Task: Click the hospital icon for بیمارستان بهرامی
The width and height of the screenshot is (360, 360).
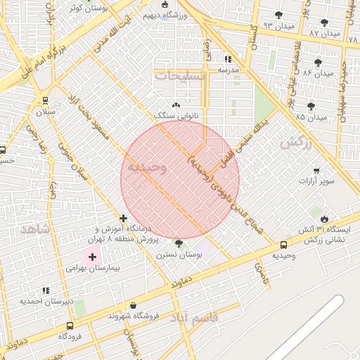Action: click(92, 257)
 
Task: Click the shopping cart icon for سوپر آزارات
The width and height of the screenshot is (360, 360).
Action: click(316, 169)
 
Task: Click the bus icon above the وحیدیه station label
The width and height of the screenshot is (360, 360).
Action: click(283, 245)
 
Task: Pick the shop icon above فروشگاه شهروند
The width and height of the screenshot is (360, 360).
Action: click(133, 306)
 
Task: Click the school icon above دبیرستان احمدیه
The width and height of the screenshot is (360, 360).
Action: click(46, 290)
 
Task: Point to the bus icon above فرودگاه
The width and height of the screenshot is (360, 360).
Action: click(70, 326)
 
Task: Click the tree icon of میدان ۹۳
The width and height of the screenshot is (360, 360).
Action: click(279, 14)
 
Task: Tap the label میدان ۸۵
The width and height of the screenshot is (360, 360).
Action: click(311, 117)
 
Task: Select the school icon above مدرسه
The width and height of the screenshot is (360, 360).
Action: click(227, 60)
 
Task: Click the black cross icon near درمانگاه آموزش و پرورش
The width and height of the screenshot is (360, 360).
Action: click(124, 219)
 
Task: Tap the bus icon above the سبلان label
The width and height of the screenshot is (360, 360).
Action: click(46, 101)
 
